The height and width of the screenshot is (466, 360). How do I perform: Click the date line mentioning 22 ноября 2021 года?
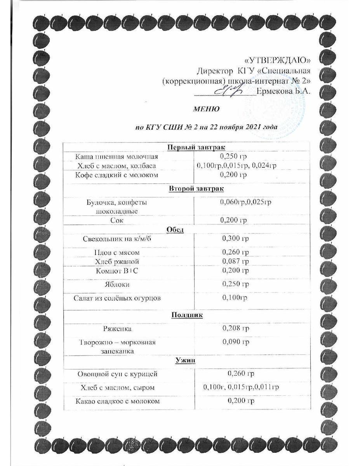coord(206,127)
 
